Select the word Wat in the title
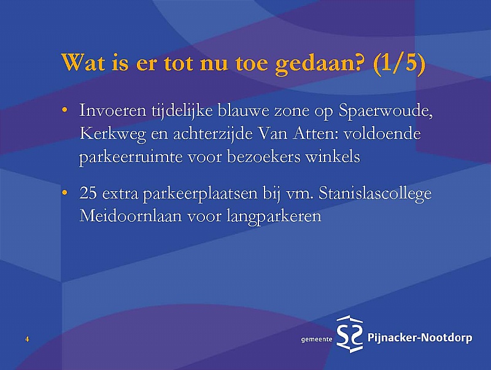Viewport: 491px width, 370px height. [83, 62]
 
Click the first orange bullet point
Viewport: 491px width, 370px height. [64, 110]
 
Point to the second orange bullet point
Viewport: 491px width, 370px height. [64, 193]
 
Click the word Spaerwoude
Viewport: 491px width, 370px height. [386, 111]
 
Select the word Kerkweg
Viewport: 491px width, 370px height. [113, 134]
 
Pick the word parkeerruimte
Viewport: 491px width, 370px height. [131, 157]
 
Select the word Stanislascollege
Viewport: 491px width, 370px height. [375, 194]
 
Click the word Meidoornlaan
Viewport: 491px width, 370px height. [131, 215]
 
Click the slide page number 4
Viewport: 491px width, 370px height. [27, 339]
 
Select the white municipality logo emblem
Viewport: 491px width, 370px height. [349, 334]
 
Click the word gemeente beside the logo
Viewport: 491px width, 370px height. [316, 339]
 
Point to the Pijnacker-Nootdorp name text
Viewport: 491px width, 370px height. [420, 338]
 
